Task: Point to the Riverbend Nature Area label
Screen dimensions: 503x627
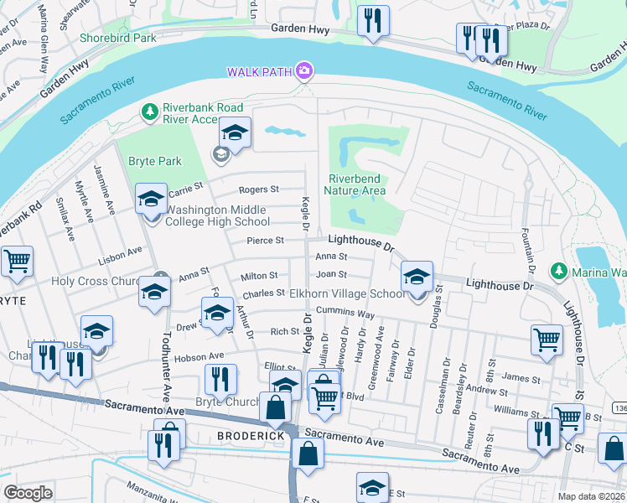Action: tap(357, 184)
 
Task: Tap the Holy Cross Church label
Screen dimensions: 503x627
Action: tap(95, 282)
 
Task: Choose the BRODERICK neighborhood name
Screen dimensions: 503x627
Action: tap(246, 437)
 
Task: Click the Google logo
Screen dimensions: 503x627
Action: tap(28, 493)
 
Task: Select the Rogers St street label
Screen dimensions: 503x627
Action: tap(258, 190)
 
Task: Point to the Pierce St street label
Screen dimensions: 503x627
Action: tap(266, 241)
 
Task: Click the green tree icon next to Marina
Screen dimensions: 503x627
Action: tap(559, 271)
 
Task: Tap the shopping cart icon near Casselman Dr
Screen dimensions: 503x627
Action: tap(547, 340)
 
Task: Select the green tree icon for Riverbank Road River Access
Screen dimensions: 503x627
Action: tap(149, 111)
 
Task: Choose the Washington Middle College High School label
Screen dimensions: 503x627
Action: tap(218, 216)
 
